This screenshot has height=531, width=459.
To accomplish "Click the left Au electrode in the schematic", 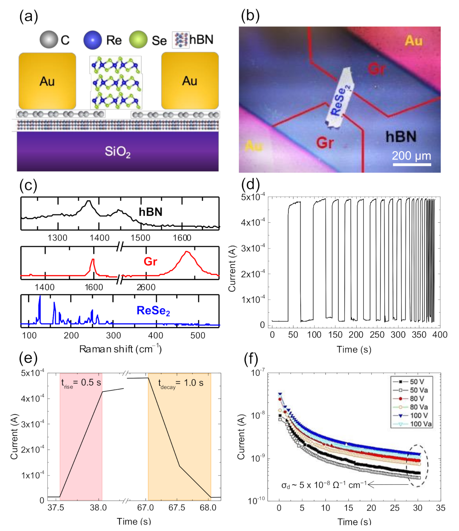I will point(47,81).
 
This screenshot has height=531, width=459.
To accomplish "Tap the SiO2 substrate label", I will point(117,152).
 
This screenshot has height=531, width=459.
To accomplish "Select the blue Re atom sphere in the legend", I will point(92,40).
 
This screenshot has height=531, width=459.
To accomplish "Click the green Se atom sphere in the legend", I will point(138,40).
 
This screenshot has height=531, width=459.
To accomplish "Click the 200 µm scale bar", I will point(411,164).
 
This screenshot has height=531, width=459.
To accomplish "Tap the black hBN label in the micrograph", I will point(401,137).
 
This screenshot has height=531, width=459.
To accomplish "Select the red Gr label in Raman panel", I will point(150,261).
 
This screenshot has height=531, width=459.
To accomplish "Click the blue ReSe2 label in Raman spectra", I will point(153,311).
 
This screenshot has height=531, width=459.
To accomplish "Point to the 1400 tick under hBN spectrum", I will point(99,238).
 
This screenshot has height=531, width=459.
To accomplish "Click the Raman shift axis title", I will point(120,349).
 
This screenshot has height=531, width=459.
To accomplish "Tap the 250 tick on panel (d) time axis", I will point(377,335).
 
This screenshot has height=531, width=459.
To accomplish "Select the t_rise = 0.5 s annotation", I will point(81,383).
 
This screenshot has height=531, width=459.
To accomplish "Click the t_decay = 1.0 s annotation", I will point(180,383).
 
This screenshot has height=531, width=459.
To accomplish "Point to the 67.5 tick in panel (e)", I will point(176,508).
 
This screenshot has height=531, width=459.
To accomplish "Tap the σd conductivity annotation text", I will point(324,485).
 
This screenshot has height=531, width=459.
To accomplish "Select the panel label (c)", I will point(28,186).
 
